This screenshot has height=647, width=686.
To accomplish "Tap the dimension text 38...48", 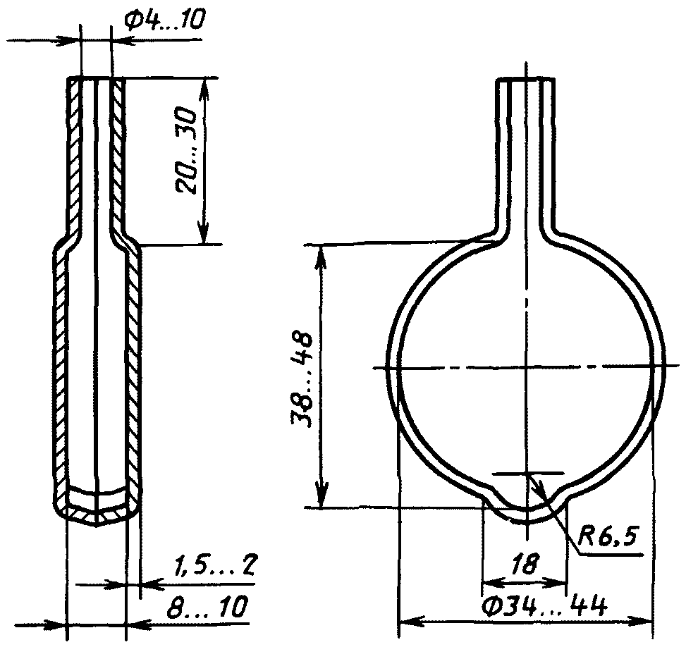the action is pyautogui.click(x=301, y=378).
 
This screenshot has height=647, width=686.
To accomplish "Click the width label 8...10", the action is pyautogui.click(x=208, y=606).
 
